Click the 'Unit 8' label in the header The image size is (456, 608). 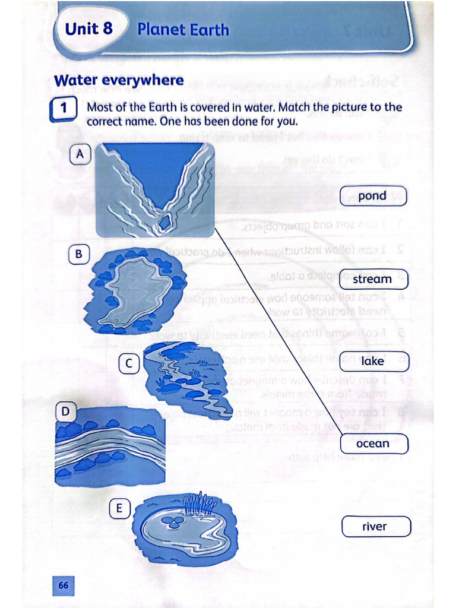(89, 29)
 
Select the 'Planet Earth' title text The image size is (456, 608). (183, 30)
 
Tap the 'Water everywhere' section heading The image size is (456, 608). (119, 80)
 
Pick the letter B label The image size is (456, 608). (78, 255)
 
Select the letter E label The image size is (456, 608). (119, 508)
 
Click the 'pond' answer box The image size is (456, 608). (373, 196)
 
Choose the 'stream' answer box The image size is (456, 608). (373, 278)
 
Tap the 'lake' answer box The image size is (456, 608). (373, 361)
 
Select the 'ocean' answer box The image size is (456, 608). (373, 444)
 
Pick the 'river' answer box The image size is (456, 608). (375, 526)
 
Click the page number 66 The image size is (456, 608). (64, 585)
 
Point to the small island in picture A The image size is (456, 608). (164, 223)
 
